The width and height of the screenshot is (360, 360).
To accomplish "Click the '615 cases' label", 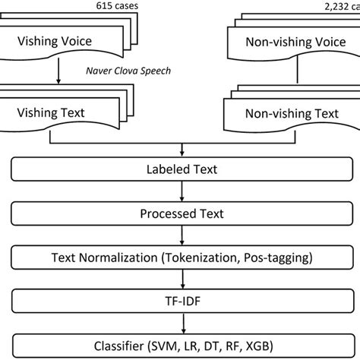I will coord(113,7).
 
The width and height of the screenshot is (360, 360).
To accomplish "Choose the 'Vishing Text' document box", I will coord(52,114).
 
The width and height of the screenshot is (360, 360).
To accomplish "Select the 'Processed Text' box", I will coord(179,214).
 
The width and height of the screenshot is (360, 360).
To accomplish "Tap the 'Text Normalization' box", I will coord(179,257).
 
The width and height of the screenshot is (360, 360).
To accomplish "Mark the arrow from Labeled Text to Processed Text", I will coord(179,192).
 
